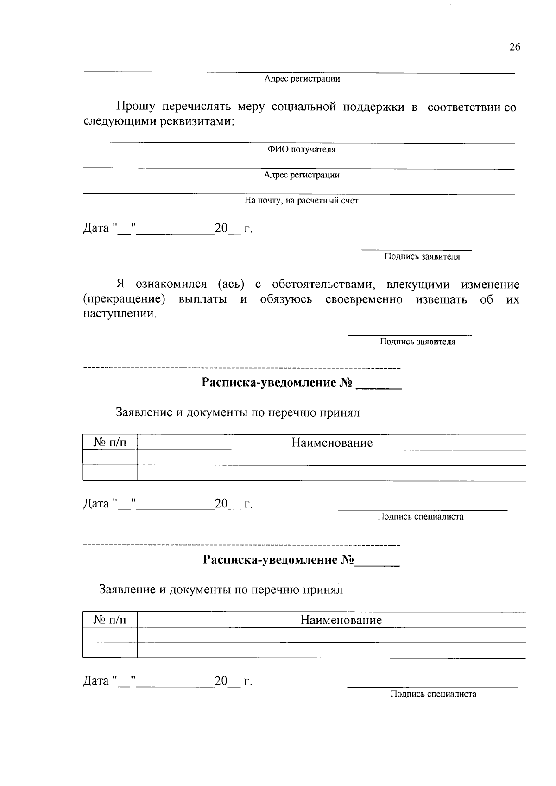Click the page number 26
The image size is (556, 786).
515,47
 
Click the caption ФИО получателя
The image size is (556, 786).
301,150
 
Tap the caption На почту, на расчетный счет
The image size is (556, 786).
301,201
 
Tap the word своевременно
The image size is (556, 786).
364,299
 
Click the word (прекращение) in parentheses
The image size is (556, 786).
124,299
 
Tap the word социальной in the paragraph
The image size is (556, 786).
303,107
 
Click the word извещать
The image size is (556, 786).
441,299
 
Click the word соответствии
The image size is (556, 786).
464,107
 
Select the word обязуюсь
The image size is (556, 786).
286,299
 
